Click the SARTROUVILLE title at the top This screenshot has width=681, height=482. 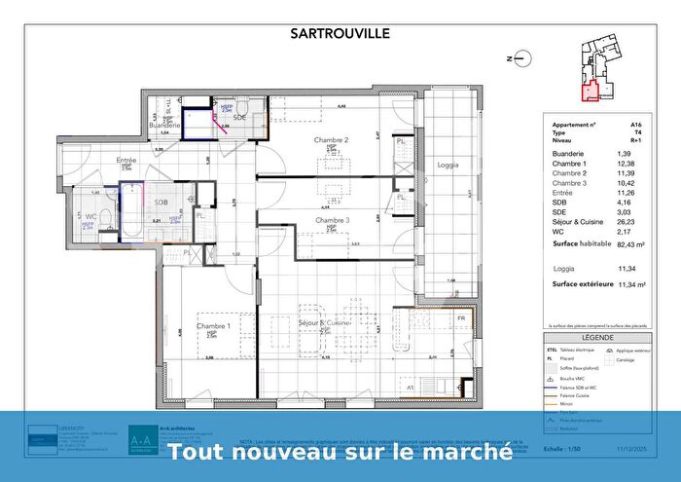click(340, 32)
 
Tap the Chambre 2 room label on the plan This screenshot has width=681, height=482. click(331, 140)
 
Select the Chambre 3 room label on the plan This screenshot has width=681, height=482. click(331, 222)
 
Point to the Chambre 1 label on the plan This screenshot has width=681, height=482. click(213, 326)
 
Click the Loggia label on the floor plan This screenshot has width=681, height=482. click(448, 165)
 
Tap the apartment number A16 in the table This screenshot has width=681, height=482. click(635, 126)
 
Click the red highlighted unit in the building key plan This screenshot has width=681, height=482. click(591, 93)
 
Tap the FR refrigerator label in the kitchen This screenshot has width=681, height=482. click(461, 318)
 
